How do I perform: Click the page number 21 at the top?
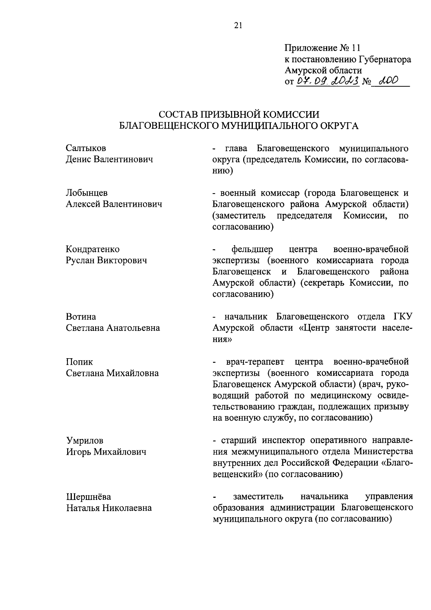tap(238, 25)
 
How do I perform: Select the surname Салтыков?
tap(86, 148)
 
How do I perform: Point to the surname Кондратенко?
tap(93, 249)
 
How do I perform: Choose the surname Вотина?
tap(81, 317)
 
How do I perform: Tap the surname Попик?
tap(79, 362)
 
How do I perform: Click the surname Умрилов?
tap(84, 441)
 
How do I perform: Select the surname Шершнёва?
tap(88, 497)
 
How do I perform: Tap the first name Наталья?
tap(83, 508)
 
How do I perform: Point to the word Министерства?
tap(383, 452)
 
